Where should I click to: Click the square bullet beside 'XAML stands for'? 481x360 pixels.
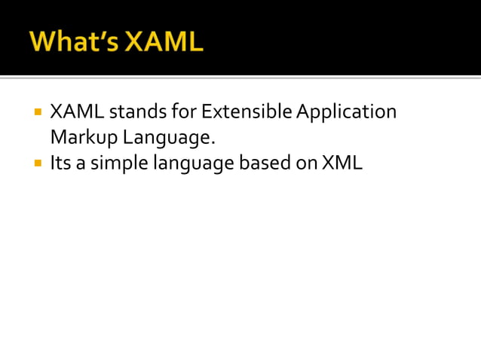point(37,113)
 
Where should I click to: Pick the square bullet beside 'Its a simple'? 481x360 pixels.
point(37,162)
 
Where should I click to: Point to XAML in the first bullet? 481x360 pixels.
point(77,113)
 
